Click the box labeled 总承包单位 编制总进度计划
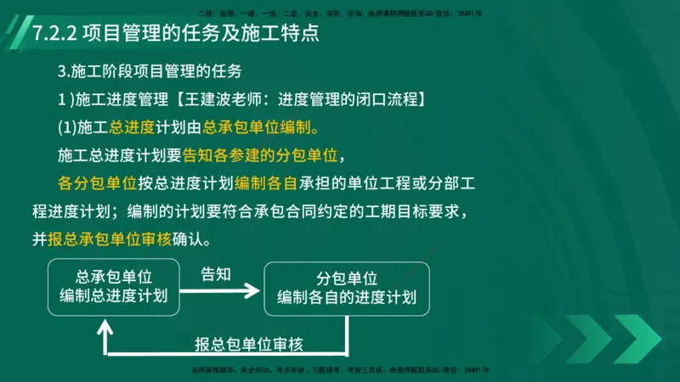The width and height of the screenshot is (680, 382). pos(114,286)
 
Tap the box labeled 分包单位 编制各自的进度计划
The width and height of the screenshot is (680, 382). pos(347,288)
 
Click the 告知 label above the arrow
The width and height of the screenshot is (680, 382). pos(215,275)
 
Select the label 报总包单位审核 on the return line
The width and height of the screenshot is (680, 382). pos(248,344)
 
